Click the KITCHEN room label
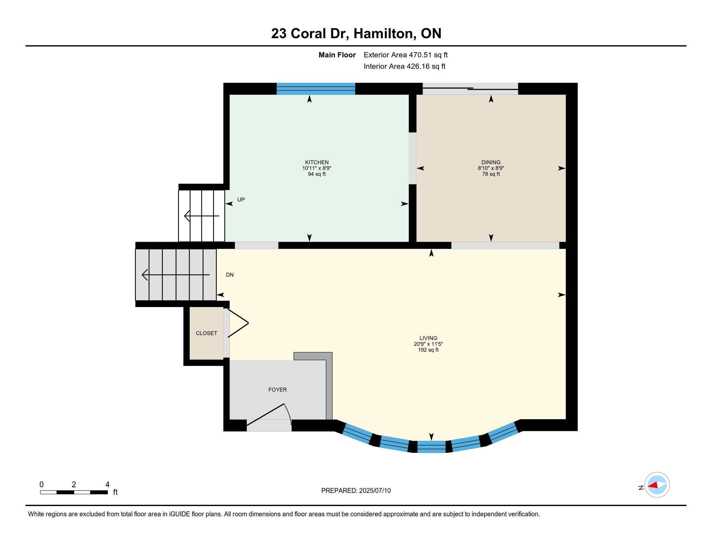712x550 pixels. tap(317, 162)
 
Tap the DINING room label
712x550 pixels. tap(491, 162)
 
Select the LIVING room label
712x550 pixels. tap(428, 338)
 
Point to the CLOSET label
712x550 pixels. tap(206, 333)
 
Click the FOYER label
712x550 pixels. tap(277, 390)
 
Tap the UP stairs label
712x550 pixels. tap(241, 199)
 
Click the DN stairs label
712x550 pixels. tap(230, 275)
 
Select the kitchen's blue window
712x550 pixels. tap(316, 89)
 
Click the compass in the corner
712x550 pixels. tap(657, 485)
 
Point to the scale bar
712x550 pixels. tap(74, 492)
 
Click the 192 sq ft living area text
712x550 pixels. tap(428, 350)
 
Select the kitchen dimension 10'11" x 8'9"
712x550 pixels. tap(317, 168)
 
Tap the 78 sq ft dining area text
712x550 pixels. tap(491, 174)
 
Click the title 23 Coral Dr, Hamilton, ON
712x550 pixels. tap(356, 34)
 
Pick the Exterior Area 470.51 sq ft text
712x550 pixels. tap(406, 55)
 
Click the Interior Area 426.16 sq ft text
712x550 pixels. tap(405, 66)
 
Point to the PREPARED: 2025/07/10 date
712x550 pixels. tap(356, 491)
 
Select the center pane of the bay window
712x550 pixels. tap(431, 447)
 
